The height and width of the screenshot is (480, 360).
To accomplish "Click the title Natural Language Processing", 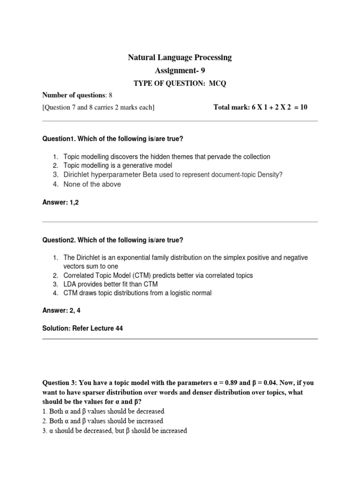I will (x=180, y=58).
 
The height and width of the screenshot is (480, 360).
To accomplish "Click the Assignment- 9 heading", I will (x=180, y=70).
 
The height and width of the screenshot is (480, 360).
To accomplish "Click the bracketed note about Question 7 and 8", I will (x=98, y=107).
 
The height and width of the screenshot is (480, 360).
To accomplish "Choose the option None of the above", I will (x=92, y=184).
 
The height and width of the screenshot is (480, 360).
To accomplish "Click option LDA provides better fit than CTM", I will (x=111, y=284).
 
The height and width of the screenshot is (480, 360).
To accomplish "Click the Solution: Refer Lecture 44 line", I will (x=82, y=329).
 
